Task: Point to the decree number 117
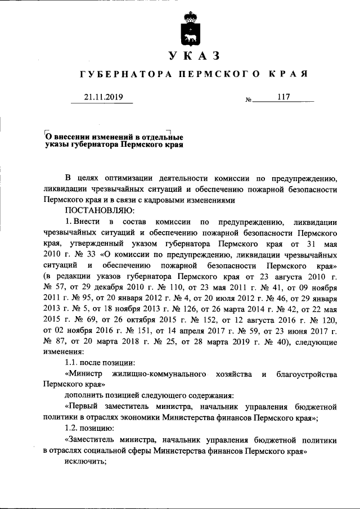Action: pos(283,97)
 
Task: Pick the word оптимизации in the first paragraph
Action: pos(141,179)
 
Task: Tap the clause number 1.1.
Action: pos(71,362)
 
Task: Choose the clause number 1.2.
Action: pos(71,427)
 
